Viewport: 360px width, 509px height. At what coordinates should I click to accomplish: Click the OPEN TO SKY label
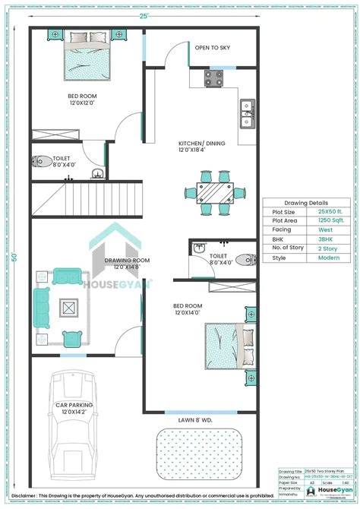(x=213, y=48)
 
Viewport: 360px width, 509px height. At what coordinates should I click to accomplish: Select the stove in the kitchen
(x=213, y=77)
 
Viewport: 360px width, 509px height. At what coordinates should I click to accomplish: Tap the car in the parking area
(x=73, y=426)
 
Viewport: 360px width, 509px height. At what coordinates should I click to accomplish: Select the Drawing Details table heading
(x=306, y=204)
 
